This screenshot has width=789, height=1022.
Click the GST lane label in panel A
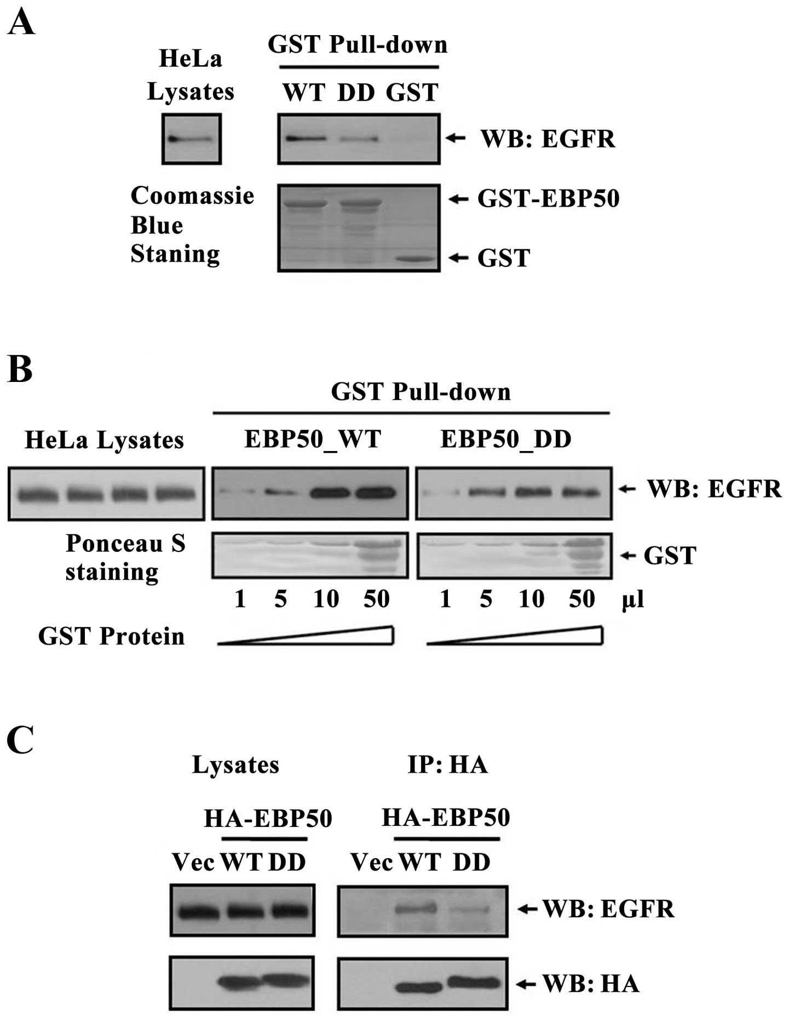[x=412, y=92]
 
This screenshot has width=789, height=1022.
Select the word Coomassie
[x=192, y=196]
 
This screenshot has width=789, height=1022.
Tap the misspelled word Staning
[x=175, y=254]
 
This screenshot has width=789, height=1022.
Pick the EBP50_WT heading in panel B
[x=312, y=439]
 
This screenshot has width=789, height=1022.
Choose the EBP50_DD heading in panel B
[x=505, y=439]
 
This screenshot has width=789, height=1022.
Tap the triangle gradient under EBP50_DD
[x=515, y=637]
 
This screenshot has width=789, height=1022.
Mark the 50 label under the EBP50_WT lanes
[x=376, y=599]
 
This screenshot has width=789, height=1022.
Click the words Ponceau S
[x=125, y=543]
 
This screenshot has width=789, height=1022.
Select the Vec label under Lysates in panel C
[x=193, y=862]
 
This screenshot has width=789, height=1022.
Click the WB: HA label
[x=591, y=984]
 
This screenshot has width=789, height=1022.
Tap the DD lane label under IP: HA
[x=471, y=862]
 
